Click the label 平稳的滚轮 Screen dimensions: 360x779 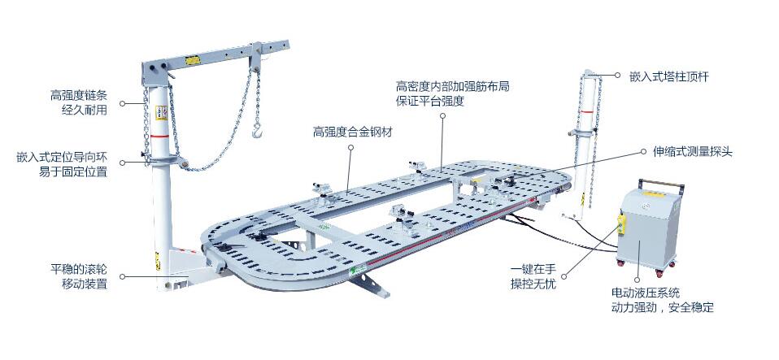coord(78,269)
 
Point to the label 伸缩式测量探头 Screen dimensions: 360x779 coord(694,151)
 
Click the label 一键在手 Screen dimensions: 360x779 coord(533,269)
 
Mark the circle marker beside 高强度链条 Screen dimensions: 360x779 coord(123,103)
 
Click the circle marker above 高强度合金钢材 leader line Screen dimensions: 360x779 coord(350,148)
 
